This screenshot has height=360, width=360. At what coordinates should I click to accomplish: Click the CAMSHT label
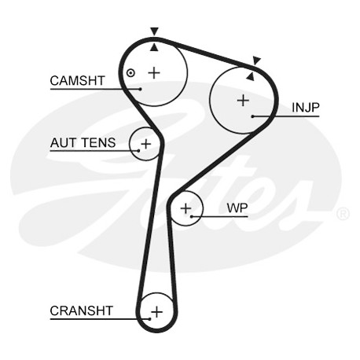pyautogui.click(x=77, y=81)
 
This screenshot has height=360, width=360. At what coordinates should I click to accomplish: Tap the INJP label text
pyautogui.click(x=306, y=108)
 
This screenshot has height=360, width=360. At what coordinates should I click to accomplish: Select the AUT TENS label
pyautogui.click(x=83, y=143)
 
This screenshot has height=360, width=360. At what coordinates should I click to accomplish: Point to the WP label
pyautogui.click(x=237, y=208)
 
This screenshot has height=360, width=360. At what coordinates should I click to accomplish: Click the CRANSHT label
pyautogui.click(x=82, y=311)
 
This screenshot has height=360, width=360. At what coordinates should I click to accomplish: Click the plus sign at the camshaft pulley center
pyautogui.click(x=154, y=72)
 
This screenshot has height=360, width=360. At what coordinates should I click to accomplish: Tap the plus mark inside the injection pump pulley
pyautogui.click(x=243, y=101)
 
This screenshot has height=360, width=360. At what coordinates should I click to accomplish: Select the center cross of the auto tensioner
pyautogui.click(x=146, y=144)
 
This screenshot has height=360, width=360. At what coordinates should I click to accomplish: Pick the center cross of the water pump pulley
pyautogui.click(x=186, y=208)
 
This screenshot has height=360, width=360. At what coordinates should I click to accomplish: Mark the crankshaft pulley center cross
pyautogui.click(x=156, y=312)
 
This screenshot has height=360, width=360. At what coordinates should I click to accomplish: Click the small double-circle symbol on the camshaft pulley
pyautogui.click(x=130, y=73)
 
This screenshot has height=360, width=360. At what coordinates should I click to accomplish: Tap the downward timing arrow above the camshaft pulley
pyautogui.click(x=155, y=31)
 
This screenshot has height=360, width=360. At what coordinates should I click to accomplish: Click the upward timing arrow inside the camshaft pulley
pyautogui.click(x=155, y=47)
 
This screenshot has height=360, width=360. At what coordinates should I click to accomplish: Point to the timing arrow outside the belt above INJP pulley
pyautogui.click(x=256, y=61)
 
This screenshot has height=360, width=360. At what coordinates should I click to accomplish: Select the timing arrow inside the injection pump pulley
pyautogui.click(x=251, y=76)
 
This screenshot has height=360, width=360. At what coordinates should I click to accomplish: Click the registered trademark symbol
pyautogui.click(x=343, y=214)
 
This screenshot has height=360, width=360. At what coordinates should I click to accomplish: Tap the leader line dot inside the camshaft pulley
pyautogui.click(x=141, y=89)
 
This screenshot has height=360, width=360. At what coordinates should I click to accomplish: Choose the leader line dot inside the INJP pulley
pyautogui.click(x=253, y=116)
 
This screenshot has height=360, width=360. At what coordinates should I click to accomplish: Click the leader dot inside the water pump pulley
pyautogui.click(x=192, y=217)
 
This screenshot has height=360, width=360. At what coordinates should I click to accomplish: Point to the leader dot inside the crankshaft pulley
pyautogui.click(x=149, y=319)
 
